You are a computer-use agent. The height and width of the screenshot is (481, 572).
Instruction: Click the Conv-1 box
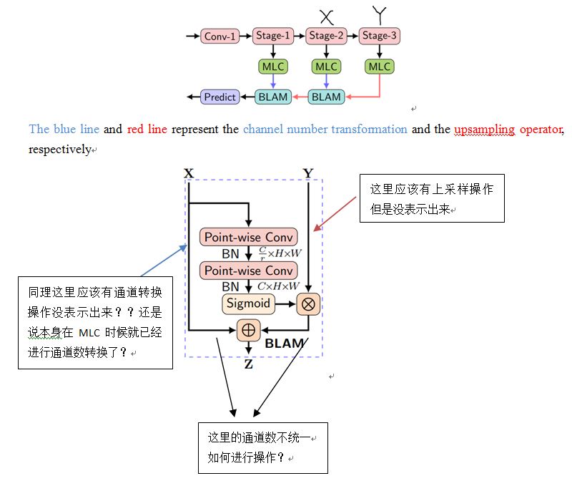click(220, 36)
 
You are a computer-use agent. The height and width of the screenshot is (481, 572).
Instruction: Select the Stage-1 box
click(273, 35)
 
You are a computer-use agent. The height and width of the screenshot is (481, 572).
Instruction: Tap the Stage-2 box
click(326, 35)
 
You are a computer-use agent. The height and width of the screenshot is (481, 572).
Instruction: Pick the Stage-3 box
click(379, 35)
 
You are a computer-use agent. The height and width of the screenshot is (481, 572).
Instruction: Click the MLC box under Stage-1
click(273, 67)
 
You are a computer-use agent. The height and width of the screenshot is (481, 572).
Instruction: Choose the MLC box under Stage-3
click(379, 67)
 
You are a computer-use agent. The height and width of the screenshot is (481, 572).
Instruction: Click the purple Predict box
click(220, 97)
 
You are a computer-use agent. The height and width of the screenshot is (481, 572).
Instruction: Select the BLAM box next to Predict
click(273, 97)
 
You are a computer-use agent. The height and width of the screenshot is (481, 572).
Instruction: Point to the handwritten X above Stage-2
click(326, 16)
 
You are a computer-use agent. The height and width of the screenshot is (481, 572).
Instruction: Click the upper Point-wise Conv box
click(249, 237)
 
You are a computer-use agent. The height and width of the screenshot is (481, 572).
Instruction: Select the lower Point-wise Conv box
click(249, 271)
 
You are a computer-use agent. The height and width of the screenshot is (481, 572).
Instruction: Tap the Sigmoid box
click(248, 303)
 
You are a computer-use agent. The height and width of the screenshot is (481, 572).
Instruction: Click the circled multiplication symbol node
click(309, 303)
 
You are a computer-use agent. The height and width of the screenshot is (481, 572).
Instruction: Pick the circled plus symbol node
click(248, 330)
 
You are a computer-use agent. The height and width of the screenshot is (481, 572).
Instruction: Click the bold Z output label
click(248, 364)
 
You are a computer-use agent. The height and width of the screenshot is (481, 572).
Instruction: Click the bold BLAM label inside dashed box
click(285, 344)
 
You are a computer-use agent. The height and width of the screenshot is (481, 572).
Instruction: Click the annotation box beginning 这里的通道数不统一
click(262, 447)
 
